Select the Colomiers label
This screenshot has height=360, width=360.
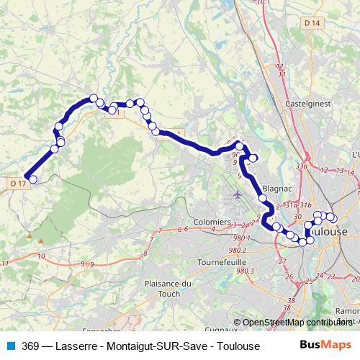[212, 222]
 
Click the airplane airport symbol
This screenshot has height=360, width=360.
[238, 195]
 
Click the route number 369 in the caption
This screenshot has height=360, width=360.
[30, 345]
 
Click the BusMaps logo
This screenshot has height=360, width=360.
[325, 345]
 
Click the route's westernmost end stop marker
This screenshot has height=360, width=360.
[32, 179]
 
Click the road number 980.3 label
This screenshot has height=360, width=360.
[245, 271]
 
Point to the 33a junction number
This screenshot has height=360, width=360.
[301, 166]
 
